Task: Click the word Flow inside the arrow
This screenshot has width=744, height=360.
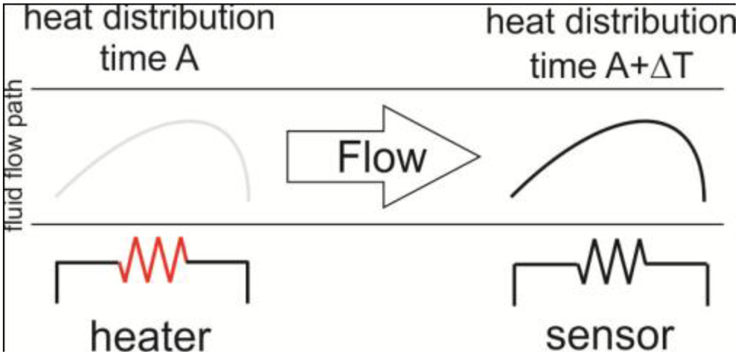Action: pos(381,158)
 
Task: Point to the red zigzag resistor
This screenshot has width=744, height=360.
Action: pos(153,260)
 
